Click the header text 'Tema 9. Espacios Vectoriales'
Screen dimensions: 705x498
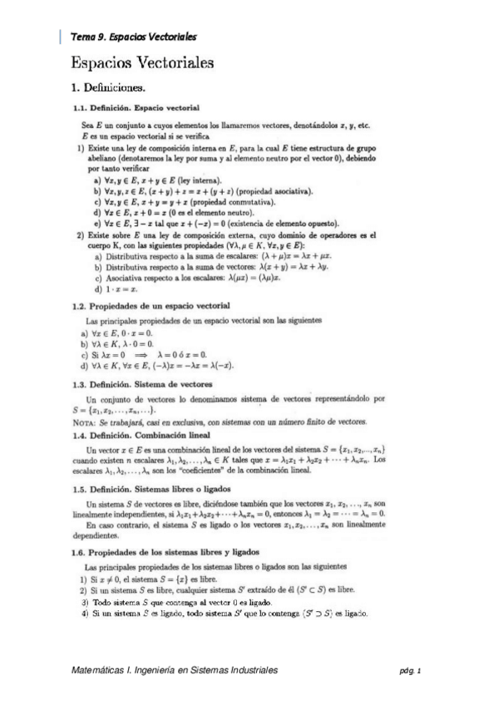[x=134, y=37]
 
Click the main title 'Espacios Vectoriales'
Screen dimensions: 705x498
[x=142, y=62]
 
